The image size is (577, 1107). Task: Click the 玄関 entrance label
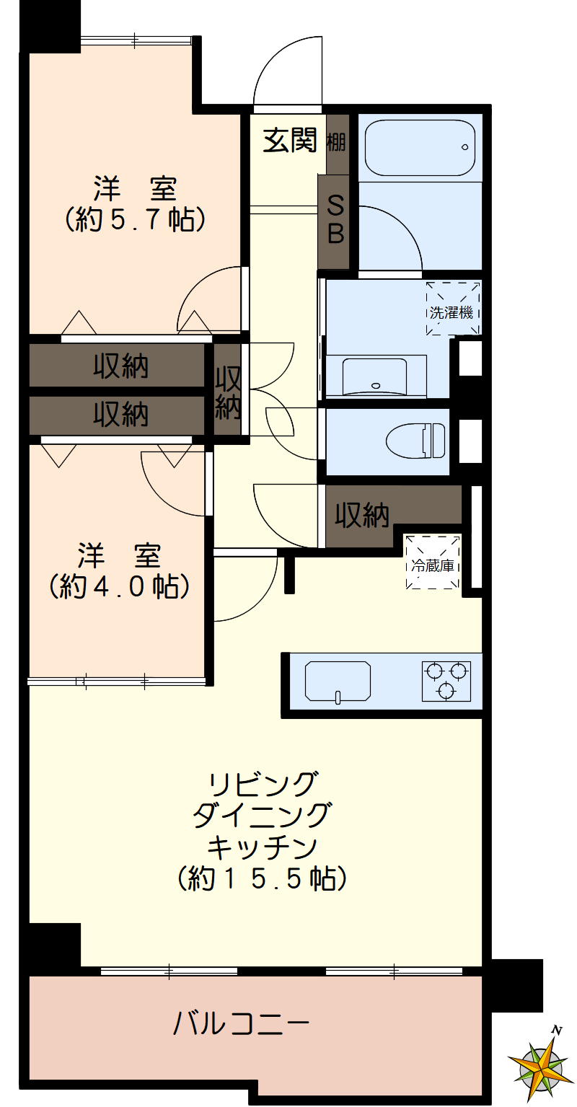289,140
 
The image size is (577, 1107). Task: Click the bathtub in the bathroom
419,147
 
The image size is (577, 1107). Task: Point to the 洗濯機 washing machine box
452,309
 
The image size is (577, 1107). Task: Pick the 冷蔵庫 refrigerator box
433,562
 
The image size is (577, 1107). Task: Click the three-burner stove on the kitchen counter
446,680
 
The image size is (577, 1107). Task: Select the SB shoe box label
336,221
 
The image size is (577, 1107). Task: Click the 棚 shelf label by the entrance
336,141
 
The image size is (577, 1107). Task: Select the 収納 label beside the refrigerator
361,515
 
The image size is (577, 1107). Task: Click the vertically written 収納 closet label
228,392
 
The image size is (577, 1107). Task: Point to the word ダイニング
263,814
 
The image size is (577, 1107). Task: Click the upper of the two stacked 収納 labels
120,366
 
